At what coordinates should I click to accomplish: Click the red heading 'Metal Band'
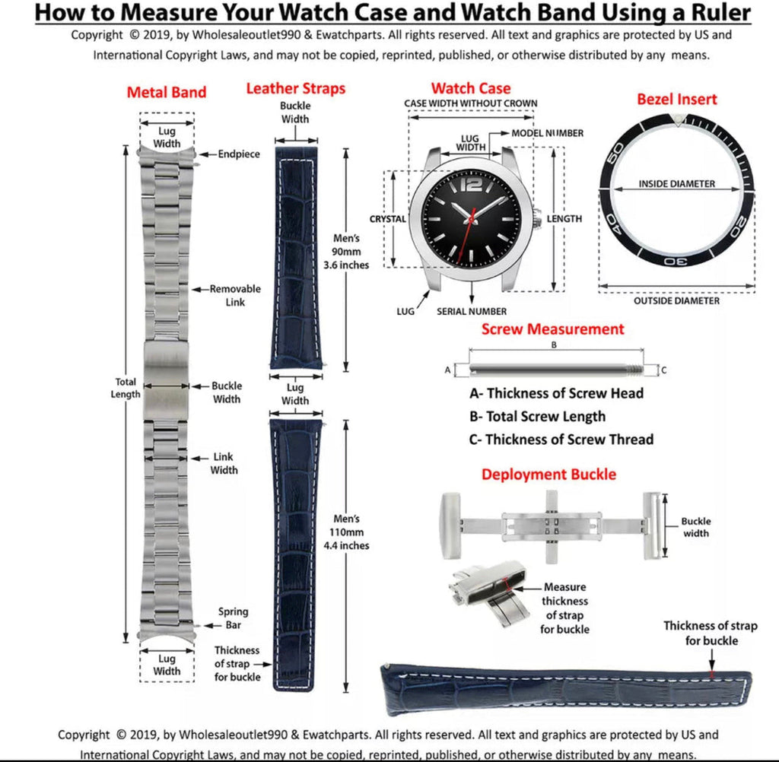click(x=166, y=93)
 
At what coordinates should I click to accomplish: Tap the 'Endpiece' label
click(x=239, y=154)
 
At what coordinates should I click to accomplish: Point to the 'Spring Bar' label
click(x=233, y=618)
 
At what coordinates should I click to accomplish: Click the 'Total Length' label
click(x=126, y=388)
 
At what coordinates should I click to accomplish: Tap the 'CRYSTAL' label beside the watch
click(x=388, y=219)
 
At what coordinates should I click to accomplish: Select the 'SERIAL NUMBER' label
click(x=472, y=311)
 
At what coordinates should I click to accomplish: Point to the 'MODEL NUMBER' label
click(x=548, y=133)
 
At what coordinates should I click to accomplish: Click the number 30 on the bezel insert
click(x=679, y=260)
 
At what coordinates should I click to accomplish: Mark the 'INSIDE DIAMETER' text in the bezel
click(x=676, y=184)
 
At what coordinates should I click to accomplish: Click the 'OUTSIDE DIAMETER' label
click(x=676, y=301)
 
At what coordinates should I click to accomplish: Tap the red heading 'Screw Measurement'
click(x=552, y=329)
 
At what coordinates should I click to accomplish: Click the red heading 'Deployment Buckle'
click(x=548, y=475)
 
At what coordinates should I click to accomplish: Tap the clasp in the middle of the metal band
click(x=166, y=381)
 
